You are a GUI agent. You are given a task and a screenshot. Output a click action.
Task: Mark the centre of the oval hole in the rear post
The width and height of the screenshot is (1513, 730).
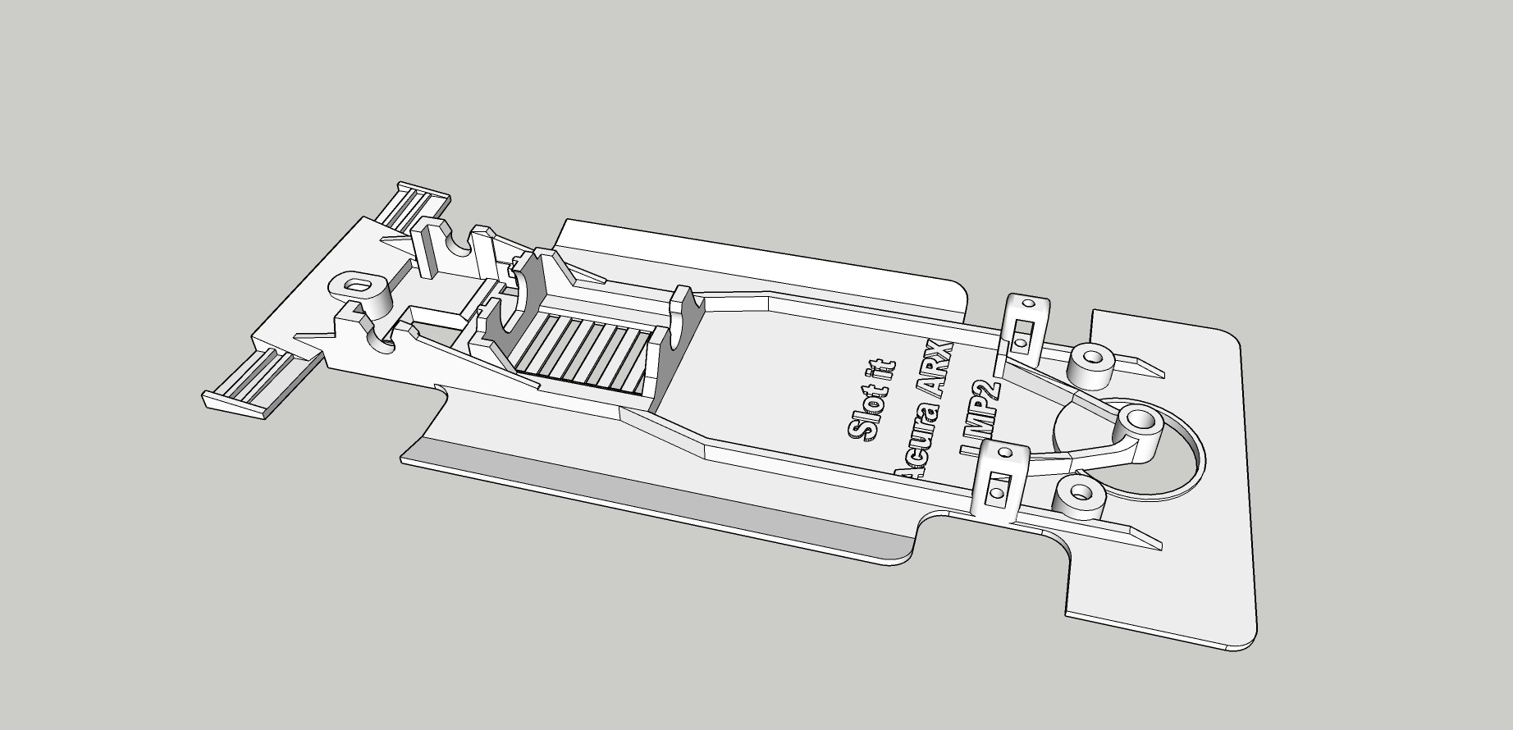click(357, 286)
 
